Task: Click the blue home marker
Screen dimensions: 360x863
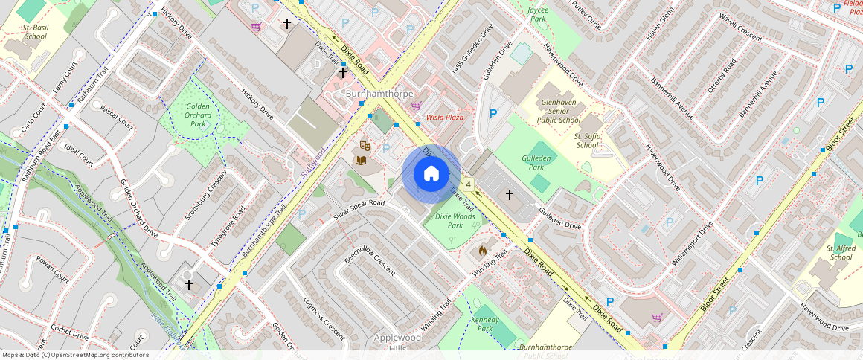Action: point(431,174)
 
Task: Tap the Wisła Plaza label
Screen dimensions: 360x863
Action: point(444,118)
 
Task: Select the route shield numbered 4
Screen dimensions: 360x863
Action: point(468,184)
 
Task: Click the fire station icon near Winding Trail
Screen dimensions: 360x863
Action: point(482,251)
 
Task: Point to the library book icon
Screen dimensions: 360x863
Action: point(361,160)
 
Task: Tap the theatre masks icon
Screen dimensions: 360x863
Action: point(365,144)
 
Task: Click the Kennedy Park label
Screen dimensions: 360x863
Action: point(485,323)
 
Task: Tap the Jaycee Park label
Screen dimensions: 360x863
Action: point(537,15)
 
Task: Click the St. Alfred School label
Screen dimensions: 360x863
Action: point(841,253)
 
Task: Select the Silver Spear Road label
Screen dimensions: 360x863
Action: point(359,209)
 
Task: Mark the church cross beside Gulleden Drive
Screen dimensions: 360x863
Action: point(510,195)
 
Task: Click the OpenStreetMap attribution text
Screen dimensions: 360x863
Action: point(74,355)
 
